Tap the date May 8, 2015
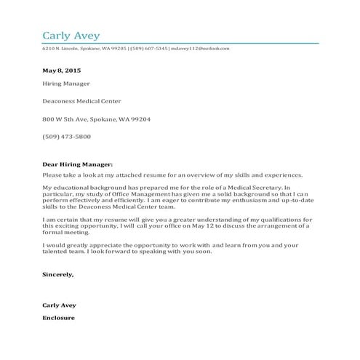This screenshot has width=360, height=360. point(62,71)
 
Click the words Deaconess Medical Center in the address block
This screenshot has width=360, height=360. point(81,101)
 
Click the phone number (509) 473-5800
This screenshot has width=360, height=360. point(66,136)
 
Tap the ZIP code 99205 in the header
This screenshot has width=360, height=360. point(118,49)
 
